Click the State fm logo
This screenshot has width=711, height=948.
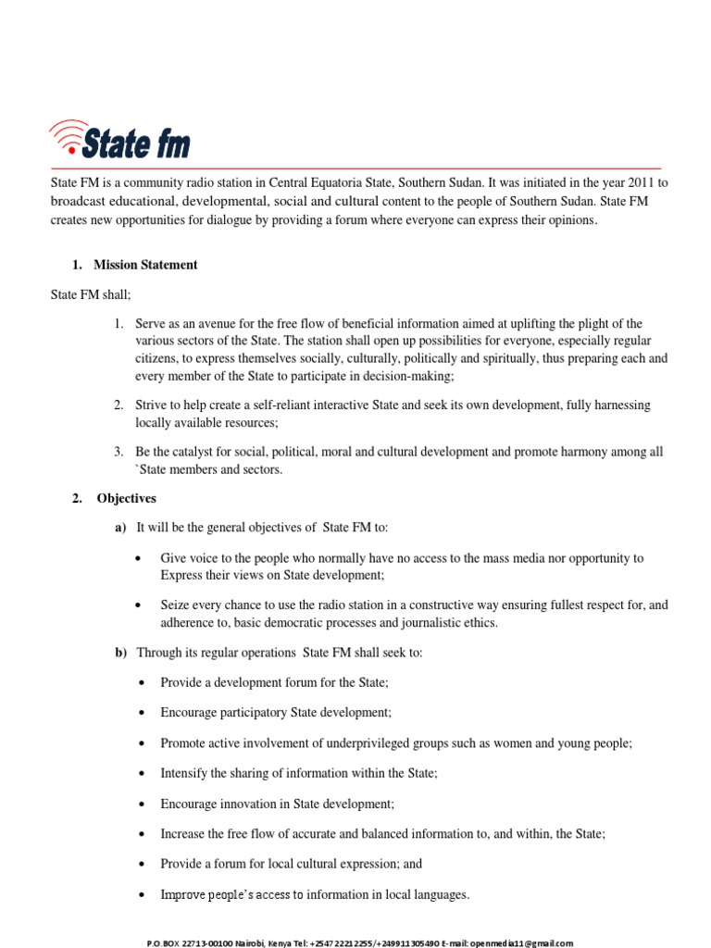120,142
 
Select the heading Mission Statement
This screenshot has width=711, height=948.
145,265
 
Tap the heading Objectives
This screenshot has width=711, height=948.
127,498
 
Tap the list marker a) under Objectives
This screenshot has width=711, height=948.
119,528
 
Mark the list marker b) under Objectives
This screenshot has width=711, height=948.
119,653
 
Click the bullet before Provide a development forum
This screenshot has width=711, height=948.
139,682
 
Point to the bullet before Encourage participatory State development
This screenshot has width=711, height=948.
139,713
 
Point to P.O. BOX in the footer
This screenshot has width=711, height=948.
163,943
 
